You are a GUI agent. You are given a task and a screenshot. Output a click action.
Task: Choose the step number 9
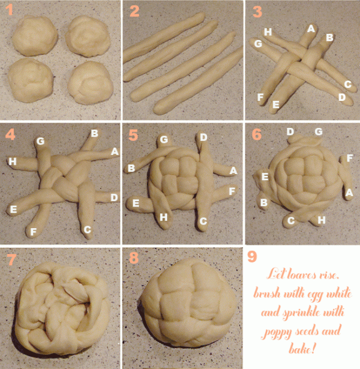(252, 256)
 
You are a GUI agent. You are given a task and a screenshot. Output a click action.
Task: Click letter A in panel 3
(311, 28)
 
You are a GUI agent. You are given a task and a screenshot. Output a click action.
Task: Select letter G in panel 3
(257, 44)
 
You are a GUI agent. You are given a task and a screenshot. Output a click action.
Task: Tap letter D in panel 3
(342, 97)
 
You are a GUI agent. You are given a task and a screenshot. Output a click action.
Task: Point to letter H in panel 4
(12, 162)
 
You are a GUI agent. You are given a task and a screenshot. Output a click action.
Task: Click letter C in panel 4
(87, 229)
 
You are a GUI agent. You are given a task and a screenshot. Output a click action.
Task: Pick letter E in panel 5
(135, 202)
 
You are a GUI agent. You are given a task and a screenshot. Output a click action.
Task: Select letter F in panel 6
(350, 158)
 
